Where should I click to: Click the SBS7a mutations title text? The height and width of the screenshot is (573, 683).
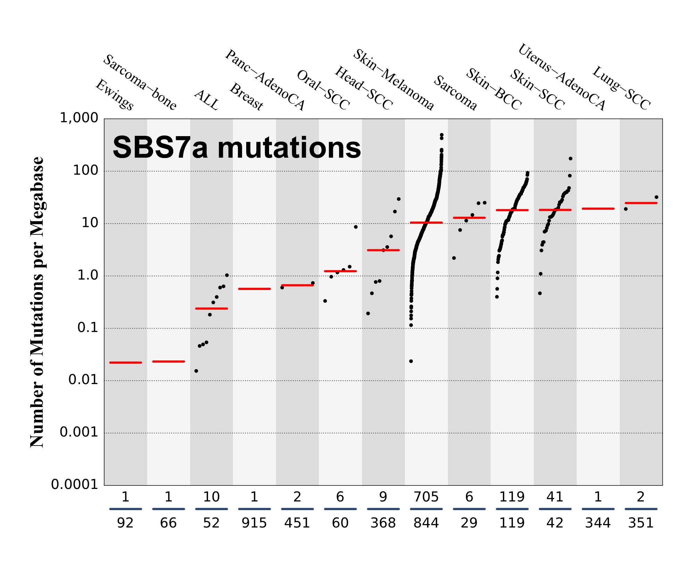(x=236, y=148)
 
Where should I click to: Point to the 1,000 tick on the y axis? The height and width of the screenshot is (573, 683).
(x=79, y=118)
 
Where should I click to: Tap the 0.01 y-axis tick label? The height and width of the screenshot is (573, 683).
(x=83, y=380)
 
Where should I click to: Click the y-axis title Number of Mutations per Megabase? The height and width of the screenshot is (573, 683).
(x=37, y=302)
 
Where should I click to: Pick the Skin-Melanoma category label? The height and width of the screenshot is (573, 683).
(x=393, y=80)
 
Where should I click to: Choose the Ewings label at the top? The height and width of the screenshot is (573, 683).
(x=114, y=94)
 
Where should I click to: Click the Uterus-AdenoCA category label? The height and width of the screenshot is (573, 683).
(x=561, y=77)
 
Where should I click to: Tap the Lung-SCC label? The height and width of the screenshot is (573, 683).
(x=621, y=88)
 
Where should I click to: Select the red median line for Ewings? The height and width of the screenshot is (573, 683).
(x=125, y=363)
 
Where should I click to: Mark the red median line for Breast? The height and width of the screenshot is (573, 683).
(x=255, y=289)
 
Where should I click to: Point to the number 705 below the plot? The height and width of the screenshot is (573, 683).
(x=426, y=497)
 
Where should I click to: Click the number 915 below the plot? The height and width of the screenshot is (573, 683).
(x=254, y=523)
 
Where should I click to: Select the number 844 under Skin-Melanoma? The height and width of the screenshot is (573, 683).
(x=426, y=523)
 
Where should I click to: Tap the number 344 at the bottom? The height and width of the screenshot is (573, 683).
(x=598, y=523)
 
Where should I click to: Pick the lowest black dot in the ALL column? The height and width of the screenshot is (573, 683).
(x=196, y=371)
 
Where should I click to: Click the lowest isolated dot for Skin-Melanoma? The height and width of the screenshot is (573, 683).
(x=411, y=361)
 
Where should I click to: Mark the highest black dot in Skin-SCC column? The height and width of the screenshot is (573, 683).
(x=570, y=159)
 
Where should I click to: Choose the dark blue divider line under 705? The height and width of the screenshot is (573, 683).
(x=426, y=509)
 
